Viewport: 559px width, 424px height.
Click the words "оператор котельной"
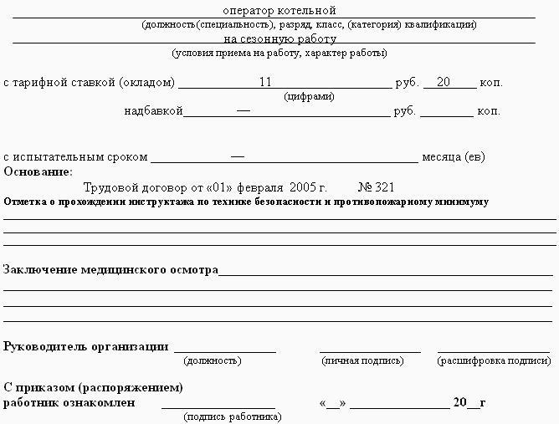click(279, 11)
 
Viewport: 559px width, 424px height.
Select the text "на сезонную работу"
click(279, 38)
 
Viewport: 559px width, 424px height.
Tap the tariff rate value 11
click(266, 82)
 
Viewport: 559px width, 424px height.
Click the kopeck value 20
click(444, 82)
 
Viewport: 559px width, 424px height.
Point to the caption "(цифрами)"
click(309, 96)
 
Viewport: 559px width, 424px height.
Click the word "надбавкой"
click(153, 110)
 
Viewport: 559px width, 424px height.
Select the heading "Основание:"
click(38, 171)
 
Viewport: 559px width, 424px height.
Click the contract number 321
click(384, 186)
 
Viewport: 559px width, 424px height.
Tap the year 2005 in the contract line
click(300, 186)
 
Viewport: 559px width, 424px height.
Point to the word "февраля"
click(260, 186)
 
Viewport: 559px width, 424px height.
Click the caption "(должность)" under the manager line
click(212, 360)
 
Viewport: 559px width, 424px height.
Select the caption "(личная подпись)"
click(362, 360)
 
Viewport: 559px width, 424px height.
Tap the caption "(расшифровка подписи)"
click(494, 360)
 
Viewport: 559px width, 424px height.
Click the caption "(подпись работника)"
click(232, 416)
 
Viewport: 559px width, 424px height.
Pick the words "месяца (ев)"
click(454, 156)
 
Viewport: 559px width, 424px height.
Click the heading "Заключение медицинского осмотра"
click(110, 269)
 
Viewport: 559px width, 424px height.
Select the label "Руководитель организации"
click(85, 346)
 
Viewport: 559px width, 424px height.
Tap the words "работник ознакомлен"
click(69, 402)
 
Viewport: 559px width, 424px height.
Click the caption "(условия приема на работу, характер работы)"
click(279, 53)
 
